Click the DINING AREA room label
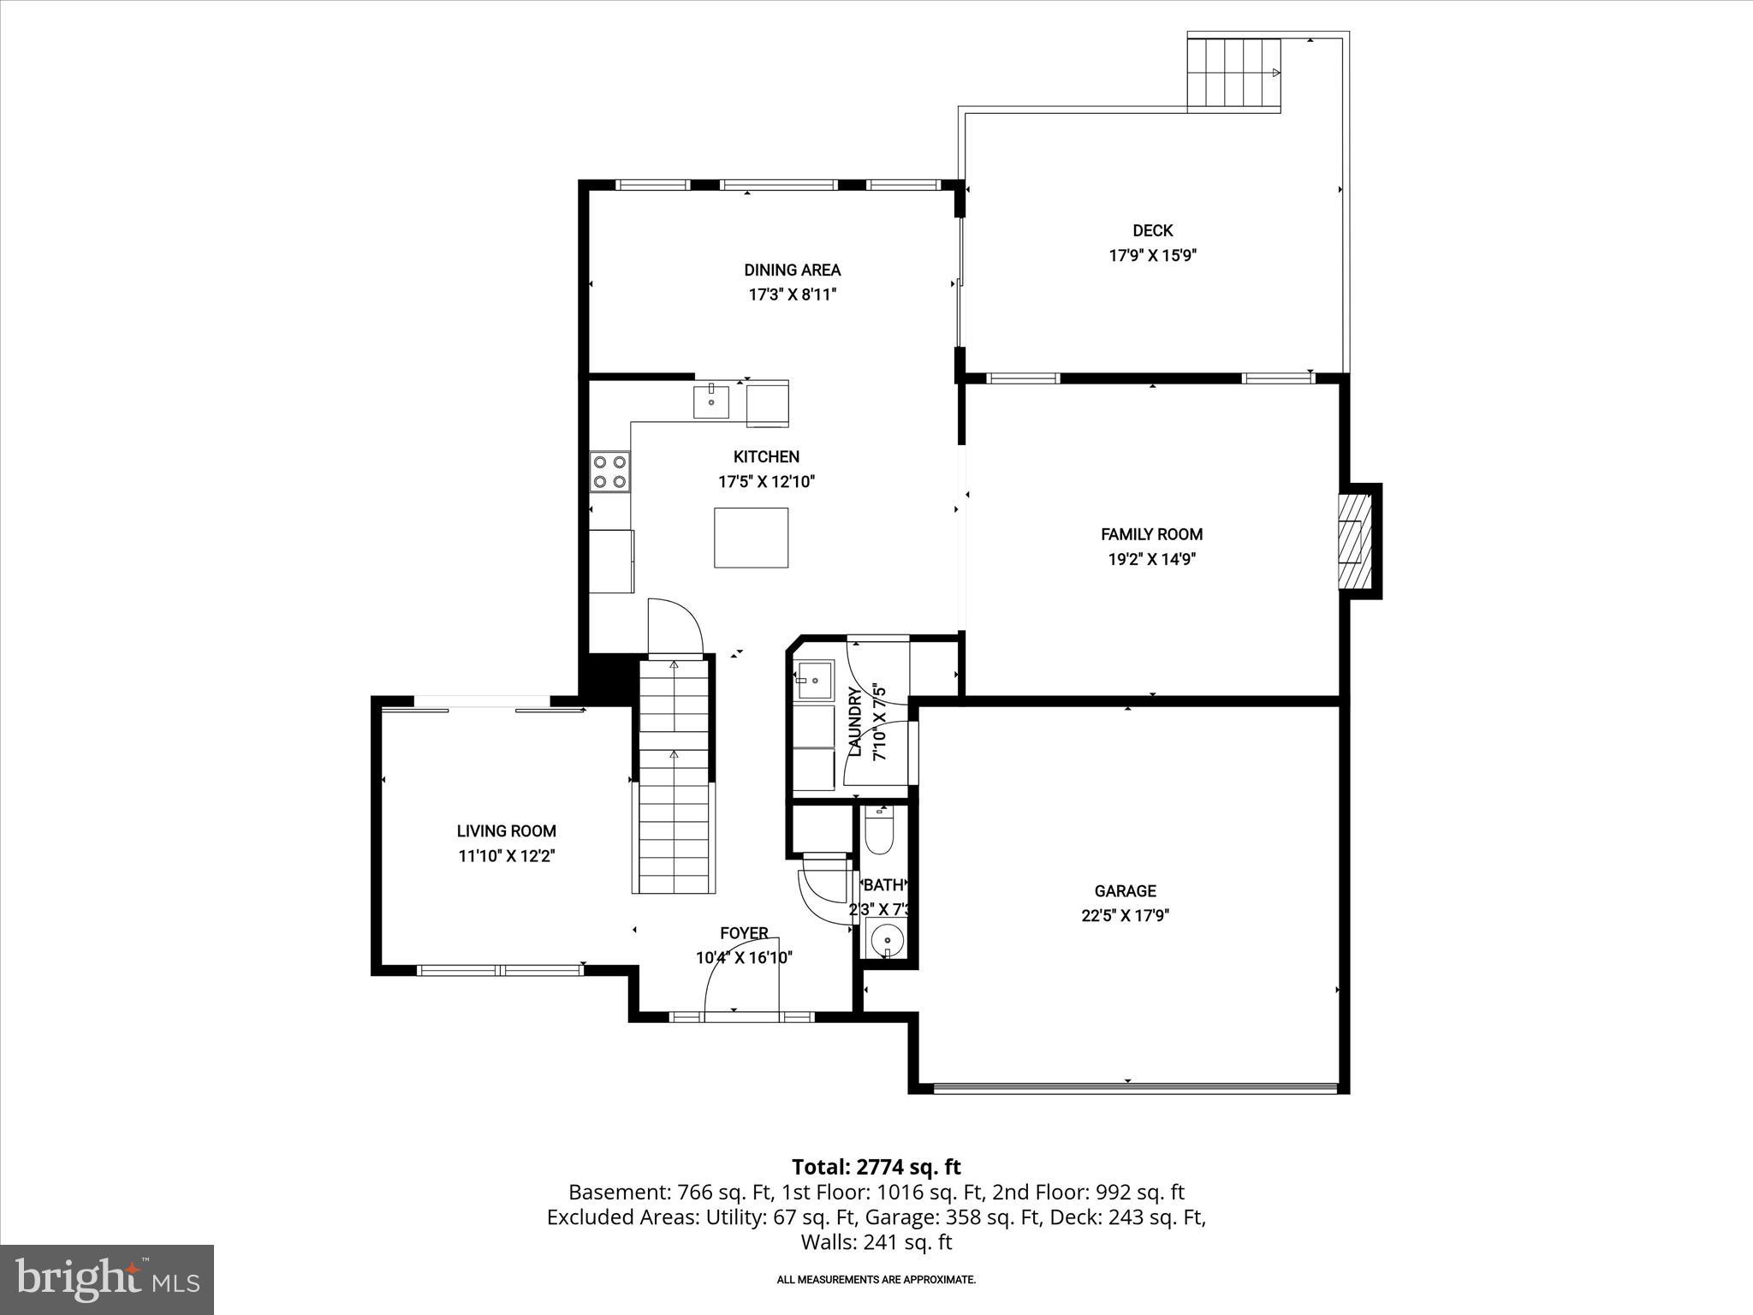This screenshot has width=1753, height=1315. pos(792,271)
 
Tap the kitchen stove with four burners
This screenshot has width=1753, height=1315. pos(609,472)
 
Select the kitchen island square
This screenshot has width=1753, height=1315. pos(752,538)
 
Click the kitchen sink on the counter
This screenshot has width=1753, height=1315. pos(711,402)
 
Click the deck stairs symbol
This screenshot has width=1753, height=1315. pos(1233,73)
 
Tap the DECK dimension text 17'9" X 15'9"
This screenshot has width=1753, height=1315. pos(1152,255)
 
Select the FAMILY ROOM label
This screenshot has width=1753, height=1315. pos(1151,534)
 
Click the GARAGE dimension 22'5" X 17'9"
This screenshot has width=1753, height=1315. pos(1125,915)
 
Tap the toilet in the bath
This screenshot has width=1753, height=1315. pos(879,831)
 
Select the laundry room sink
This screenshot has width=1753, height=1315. pos(813,681)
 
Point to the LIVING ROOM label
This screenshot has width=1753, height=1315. pos(506,830)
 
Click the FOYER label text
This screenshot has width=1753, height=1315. pos(744,933)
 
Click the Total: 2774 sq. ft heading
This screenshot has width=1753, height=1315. pos(876,1167)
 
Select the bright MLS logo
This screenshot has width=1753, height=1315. pos(107,1279)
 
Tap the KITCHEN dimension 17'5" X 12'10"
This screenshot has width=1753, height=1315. pos(766,482)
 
